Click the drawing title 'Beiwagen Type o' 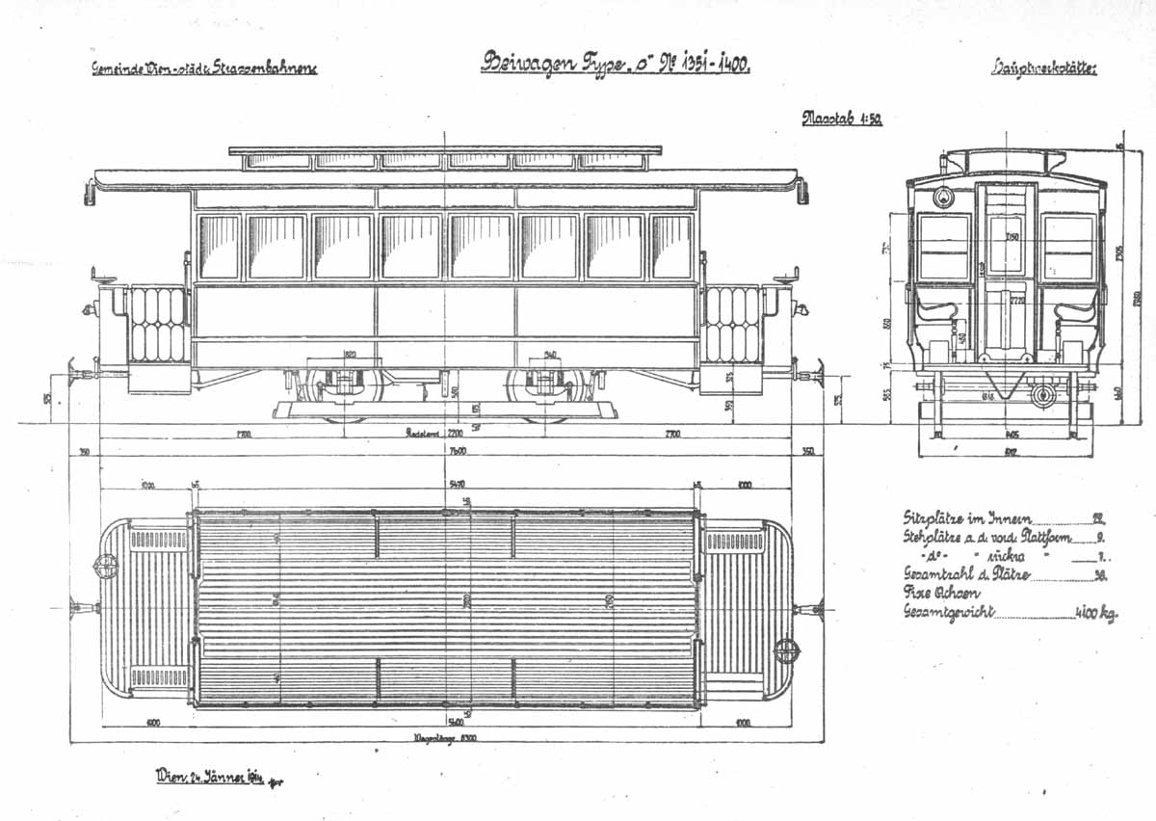coord(615,64)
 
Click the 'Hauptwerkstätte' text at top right coord(1044,67)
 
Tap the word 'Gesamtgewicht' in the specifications coord(948,612)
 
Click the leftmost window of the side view coord(219,247)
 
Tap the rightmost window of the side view coord(670,247)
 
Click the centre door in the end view coord(1006,270)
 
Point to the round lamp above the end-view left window coord(943,199)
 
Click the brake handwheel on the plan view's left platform coord(106,564)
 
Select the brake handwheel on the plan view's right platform coord(787,650)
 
